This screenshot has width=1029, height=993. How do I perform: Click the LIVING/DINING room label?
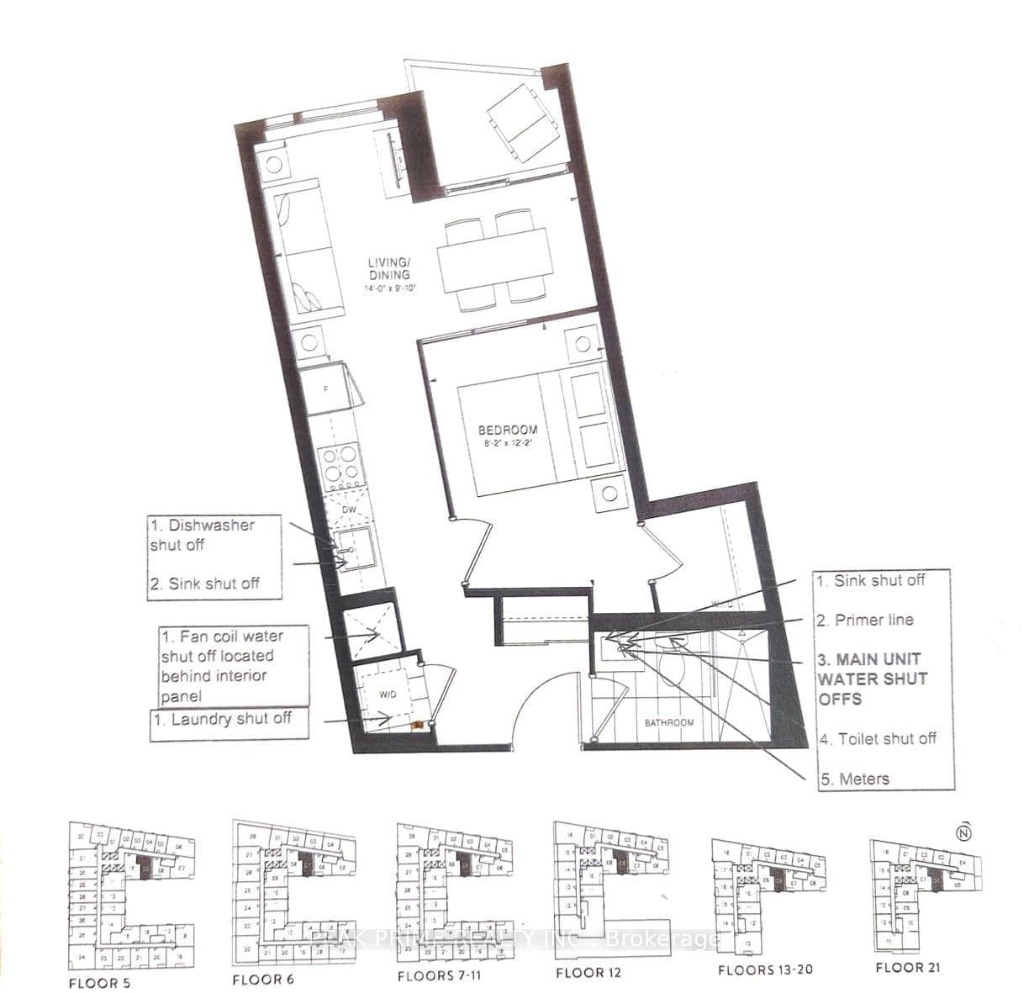pos(389,271)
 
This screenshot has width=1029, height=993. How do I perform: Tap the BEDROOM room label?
pos(507,430)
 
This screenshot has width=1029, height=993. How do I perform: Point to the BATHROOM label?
pos(669,722)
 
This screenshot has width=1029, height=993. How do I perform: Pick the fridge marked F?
pos(329,388)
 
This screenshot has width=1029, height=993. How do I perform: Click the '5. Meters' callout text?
pos(855,779)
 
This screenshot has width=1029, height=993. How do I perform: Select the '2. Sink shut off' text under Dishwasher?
pos(205,584)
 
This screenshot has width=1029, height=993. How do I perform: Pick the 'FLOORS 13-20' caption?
pos(765,969)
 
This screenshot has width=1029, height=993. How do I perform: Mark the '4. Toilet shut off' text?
pos(879,739)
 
